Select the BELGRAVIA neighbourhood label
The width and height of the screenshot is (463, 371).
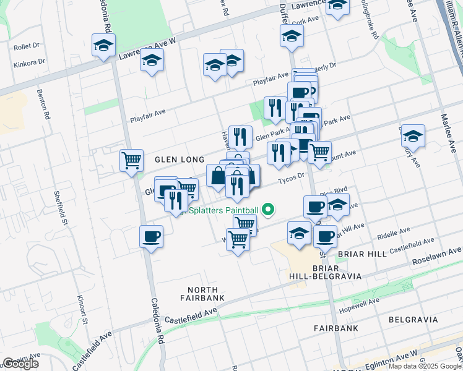413,320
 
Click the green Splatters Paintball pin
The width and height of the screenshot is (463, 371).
268,211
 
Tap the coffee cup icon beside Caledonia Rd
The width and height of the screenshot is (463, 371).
152,236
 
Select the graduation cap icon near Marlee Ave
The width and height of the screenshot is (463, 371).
413,135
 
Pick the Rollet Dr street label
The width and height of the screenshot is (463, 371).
26,45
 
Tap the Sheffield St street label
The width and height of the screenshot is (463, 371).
63,204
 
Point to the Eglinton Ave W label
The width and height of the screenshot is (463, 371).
397,357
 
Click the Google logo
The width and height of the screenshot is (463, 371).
20,364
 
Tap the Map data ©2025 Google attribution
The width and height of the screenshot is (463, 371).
425,366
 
